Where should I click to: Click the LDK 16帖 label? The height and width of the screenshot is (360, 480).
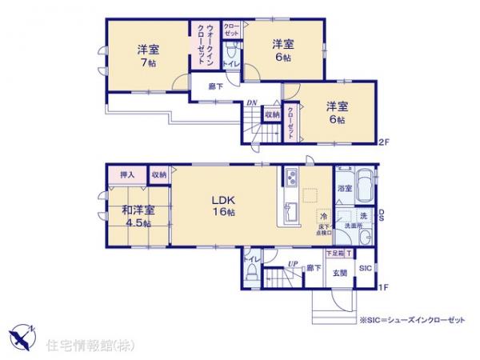(x=222, y=206)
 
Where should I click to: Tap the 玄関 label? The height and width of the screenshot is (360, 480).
(x=339, y=272)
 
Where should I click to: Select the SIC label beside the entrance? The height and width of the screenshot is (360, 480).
(x=364, y=267)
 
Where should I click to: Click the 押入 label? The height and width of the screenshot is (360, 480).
(x=126, y=174)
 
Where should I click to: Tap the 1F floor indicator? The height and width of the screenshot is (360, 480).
(x=383, y=286)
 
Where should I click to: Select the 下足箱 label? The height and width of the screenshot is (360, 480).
(x=334, y=254)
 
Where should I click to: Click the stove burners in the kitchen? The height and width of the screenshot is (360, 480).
(x=290, y=176)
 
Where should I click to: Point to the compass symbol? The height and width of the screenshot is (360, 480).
(x=25, y=331)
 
